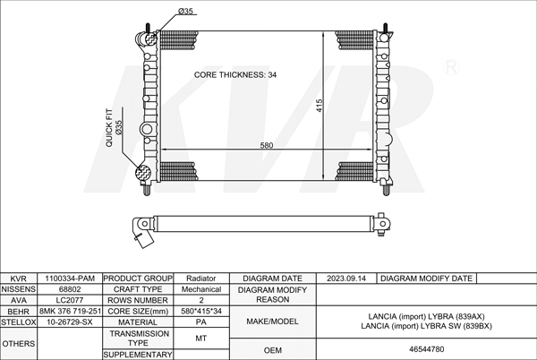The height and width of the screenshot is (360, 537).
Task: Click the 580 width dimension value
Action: click(x=267, y=145)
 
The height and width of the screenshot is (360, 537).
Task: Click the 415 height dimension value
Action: click(x=320, y=106)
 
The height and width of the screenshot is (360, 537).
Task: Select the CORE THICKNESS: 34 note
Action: click(x=235, y=74)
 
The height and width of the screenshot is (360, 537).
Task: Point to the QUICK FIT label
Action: click(x=109, y=128)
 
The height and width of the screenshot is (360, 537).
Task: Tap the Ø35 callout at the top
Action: click(x=185, y=12)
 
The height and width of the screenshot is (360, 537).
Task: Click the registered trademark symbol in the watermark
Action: click(x=451, y=67)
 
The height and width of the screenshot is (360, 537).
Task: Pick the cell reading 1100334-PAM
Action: click(x=70, y=279)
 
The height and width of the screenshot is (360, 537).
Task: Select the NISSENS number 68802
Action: click(x=70, y=289)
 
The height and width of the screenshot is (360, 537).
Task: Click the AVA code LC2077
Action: click(x=70, y=300)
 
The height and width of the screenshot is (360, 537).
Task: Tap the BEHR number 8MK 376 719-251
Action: click(x=70, y=312)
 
